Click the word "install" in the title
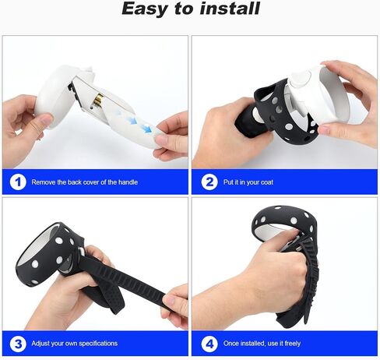[230, 9]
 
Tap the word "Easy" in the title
[144, 9]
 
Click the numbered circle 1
[18, 182]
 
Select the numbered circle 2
[209, 182]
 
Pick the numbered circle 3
[18, 344]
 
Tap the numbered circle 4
[209, 344]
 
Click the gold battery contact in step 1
[98, 100]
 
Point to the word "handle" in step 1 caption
[128, 182]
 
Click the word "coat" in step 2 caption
[266, 182]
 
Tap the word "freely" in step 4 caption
[292, 344]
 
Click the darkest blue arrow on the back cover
[147, 128]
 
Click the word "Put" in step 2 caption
[227, 182]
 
